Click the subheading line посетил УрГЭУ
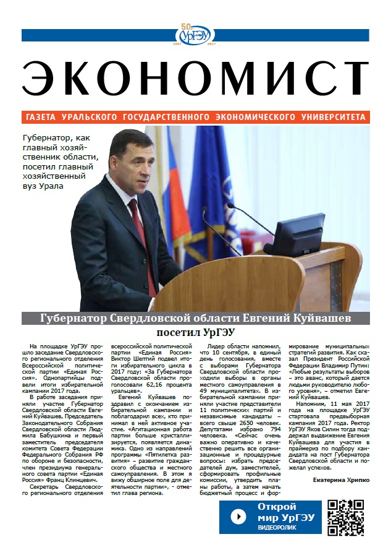195,332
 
